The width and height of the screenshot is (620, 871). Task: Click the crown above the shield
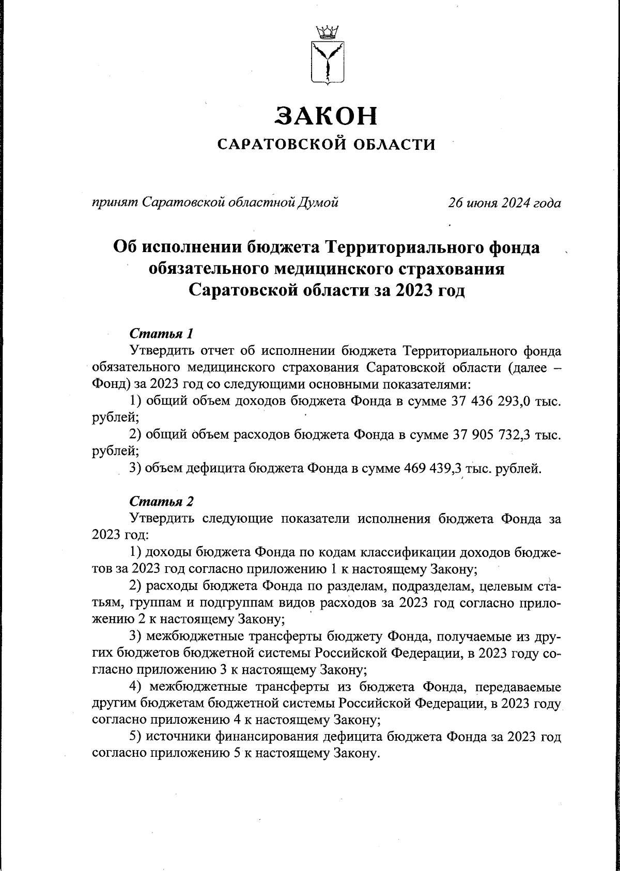coord(327,32)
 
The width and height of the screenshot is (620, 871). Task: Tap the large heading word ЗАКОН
coord(327,116)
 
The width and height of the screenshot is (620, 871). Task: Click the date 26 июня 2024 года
coord(504,203)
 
